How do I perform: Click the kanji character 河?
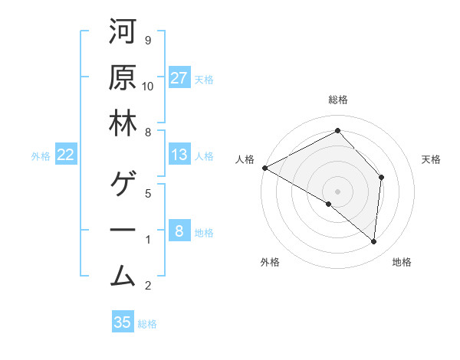tap(123, 33)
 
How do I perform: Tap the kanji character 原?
tap(123, 77)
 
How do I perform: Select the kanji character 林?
tap(123, 123)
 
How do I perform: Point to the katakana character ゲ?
tap(123, 185)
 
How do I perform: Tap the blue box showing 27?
tap(179, 77)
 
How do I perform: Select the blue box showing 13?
tap(179, 155)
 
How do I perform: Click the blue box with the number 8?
tap(179, 231)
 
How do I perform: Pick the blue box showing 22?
tap(66, 155)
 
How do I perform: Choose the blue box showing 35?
tap(123, 322)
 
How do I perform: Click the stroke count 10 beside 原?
tap(148, 86)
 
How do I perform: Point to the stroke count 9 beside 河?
tap(147, 41)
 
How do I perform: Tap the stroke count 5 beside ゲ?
tap(147, 194)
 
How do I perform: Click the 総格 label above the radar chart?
tap(337, 100)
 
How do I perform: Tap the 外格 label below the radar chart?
tap(270, 263)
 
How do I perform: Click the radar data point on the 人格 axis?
tap(264, 168)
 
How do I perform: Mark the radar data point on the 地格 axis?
tap(373, 242)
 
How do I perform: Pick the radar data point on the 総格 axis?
tap(337, 131)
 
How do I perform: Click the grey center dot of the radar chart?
tap(337, 191)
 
